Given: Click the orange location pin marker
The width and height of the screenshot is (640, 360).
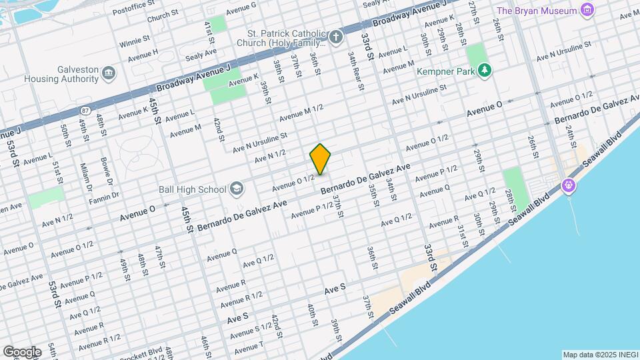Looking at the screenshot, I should click(321, 159).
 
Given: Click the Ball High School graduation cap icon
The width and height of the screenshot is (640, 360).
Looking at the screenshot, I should click(235, 189).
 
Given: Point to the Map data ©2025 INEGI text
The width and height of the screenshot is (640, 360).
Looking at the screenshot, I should click(599, 355).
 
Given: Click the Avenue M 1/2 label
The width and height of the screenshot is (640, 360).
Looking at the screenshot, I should click(301, 113).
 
